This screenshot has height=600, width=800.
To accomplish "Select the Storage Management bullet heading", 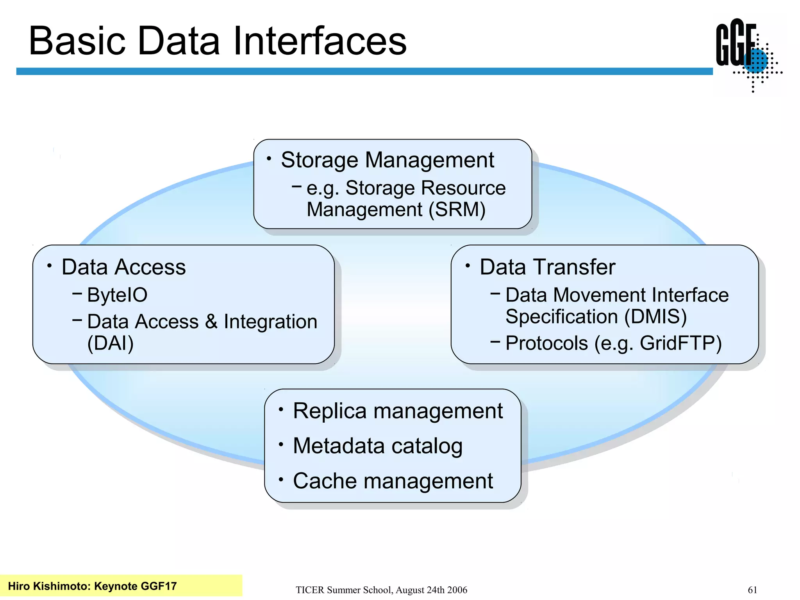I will [387, 160].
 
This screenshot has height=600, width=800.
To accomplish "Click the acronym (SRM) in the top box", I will [457, 210].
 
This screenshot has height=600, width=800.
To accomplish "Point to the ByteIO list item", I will [117, 295].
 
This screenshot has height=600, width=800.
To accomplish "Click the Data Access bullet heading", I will [123, 267].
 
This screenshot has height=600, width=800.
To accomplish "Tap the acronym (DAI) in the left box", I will [111, 343].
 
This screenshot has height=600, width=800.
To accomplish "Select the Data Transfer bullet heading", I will [547, 267].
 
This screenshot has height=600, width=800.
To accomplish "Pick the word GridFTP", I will [680, 343].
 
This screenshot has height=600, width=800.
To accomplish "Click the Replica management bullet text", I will [398, 411].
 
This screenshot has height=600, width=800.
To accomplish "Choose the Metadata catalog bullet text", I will [378, 446].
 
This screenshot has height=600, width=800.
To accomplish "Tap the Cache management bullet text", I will [393, 481].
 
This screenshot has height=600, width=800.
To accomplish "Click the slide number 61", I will [752, 590].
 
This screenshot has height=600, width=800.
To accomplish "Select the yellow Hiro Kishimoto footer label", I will [93, 586].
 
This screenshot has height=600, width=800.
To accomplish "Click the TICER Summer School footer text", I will [381, 590].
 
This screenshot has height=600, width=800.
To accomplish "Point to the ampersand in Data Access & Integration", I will [211, 322].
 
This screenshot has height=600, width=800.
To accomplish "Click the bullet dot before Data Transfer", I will [467, 266].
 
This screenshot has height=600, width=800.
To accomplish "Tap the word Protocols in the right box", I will [546, 343].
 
